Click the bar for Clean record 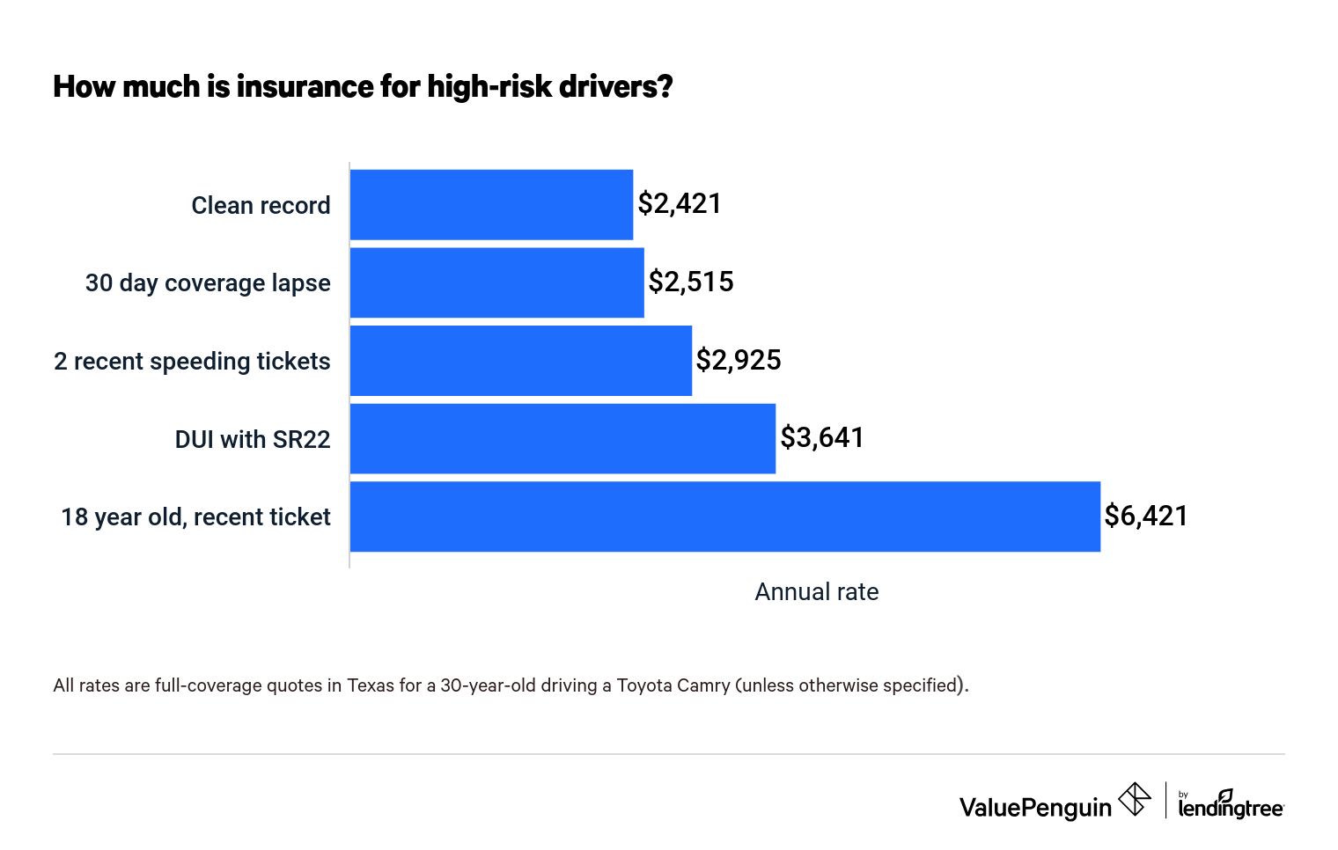tap(491, 205)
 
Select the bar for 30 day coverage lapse tap(496, 282)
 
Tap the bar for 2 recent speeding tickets tap(520, 361)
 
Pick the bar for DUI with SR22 tap(562, 438)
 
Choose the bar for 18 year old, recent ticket tap(724, 517)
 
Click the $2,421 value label tap(680, 204)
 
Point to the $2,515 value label tap(691, 282)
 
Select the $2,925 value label tap(739, 360)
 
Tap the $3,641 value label tap(822, 437)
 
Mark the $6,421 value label tap(1146, 516)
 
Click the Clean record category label tap(261, 206)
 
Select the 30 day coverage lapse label tap(208, 283)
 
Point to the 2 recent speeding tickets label tap(192, 362)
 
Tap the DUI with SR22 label tap(253, 439)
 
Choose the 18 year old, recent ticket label tap(195, 517)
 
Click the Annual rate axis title tap(816, 592)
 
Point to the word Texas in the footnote tap(371, 685)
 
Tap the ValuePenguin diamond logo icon tap(1135, 800)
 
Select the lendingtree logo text tap(1230, 807)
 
